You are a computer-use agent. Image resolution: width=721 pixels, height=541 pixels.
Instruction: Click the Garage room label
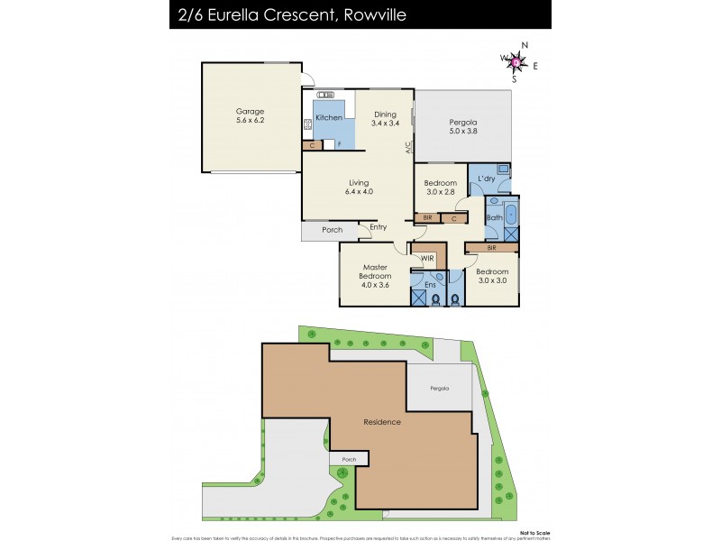(x=250, y=112)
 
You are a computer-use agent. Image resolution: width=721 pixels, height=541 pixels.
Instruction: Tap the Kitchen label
(x=328, y=118)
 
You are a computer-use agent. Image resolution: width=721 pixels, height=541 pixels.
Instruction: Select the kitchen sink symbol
(x=325, y=94)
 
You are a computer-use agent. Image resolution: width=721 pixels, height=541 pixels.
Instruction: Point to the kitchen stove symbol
(x=307, y=124)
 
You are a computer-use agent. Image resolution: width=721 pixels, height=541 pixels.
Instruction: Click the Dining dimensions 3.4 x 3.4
(x=385, y=123)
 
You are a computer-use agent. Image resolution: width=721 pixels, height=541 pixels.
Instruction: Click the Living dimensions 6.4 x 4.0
(x=359, y=191)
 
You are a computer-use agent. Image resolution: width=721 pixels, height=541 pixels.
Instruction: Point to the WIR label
(x=429, y=258)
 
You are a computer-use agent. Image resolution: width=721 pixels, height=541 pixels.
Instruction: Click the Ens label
(x=431, y=285)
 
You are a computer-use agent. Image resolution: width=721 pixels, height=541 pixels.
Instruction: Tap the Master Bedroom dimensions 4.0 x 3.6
(x=375, y=285)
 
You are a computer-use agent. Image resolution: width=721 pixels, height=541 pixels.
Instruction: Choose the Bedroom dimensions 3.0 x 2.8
(x=441, y=191)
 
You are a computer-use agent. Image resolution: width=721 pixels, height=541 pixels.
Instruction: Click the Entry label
(x=378, y=226)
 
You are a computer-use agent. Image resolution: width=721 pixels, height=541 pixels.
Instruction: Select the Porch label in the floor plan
(x=332, y=230)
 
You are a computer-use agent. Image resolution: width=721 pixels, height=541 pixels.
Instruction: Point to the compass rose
(x=516, y=61)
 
